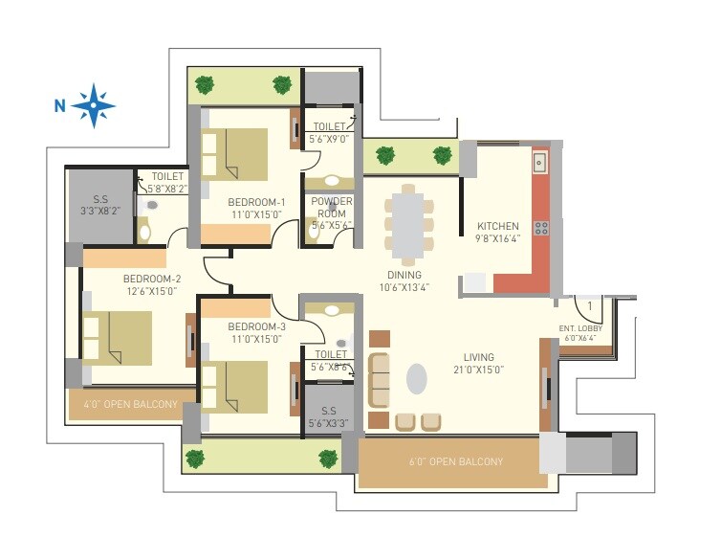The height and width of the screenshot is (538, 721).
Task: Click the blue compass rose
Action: pyautogui.click(x=93, y=105)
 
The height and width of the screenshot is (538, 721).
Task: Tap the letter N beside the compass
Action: pyautogui.click(x=59, y=106)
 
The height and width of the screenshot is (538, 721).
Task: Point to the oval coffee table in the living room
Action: pyautogui.click(x=416, y=378)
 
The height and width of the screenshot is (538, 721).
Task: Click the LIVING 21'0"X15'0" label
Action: pyautogui.click(x=478, y=364)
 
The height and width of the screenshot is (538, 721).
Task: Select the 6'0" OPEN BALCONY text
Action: pyautogui.click(x=456, y=462)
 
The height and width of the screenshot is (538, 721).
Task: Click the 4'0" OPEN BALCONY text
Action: pyautogui.click(x=131, y=404)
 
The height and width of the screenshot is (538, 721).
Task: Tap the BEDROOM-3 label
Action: pyautogui.click(x=255, y=331)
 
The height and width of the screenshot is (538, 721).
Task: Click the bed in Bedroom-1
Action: pyautogui.click(x=234, y=154)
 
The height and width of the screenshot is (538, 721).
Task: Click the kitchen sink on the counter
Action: pyautogui.click(x=540, y=162)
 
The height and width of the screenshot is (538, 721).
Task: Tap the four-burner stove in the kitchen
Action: pyautogui.click(x=541, y=228)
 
